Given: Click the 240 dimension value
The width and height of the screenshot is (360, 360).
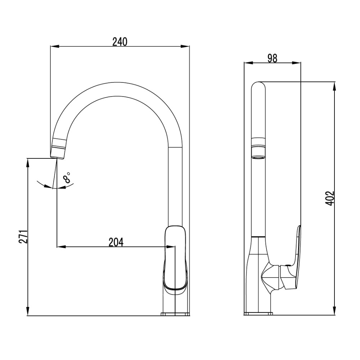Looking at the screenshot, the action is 120,42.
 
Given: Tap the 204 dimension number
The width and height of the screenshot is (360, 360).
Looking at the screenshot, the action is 116,242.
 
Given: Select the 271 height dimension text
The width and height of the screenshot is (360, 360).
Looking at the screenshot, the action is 23,237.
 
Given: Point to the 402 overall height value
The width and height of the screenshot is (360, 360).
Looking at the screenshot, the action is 330,198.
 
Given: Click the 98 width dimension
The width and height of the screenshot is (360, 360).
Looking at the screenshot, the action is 273,58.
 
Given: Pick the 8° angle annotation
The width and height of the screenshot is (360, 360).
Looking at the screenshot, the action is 67,177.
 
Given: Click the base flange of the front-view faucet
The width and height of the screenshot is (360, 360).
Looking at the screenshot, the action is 175,314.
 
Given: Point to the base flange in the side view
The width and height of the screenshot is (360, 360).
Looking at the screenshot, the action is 258,314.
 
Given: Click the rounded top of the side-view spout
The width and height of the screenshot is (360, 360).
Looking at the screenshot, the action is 258,85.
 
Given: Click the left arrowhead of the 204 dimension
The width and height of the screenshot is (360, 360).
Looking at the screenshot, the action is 61,247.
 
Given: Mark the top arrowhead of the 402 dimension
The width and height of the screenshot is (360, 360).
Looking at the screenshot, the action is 334,86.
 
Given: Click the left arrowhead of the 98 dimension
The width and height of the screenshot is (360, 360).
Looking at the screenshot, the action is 248,63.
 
